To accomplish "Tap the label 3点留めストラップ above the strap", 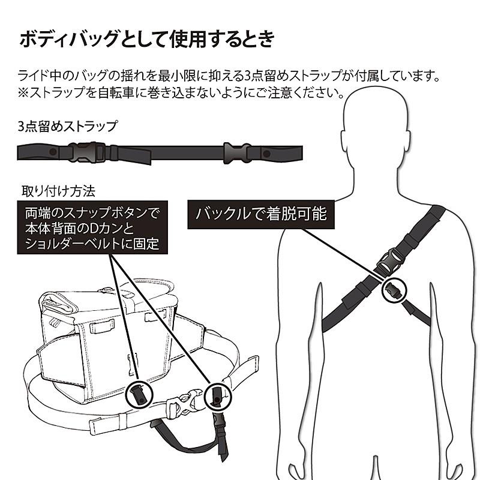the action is pyautogui.click(x=67, y=126).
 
